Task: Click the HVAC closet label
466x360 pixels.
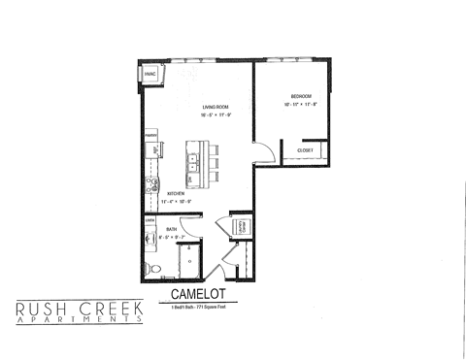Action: (x=150, y=75)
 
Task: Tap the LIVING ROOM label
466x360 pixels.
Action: (x=216, y=106)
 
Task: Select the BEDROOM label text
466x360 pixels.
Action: (x=301, y=95)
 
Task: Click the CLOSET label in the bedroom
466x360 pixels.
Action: (x=304, y=150)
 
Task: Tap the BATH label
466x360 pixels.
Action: (x=171, y=229)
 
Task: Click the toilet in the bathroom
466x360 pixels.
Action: (x=149, y=266)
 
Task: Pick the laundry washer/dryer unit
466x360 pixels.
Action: (x=242, y=227)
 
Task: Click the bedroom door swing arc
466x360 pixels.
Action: (x=259, y=149)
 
